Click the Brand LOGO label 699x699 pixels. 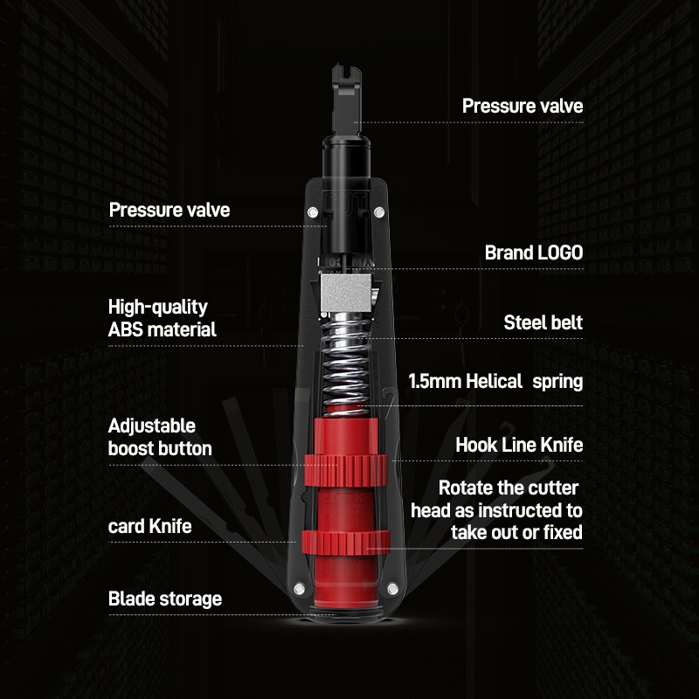pyautogui.click(x=534, y=253)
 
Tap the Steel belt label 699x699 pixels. pyautogui.click(x=543, y=322)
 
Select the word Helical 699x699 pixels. pyautogui.click(x=494, y=382)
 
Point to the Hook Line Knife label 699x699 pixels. pyautogui.click(x=519, y=445)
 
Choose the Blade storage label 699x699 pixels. pyautogui.click(x=165, y=599)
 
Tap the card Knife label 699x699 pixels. pyautogui.click(x=149, y=527)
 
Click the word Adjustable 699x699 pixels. pyautogui.click(x=151, y=426)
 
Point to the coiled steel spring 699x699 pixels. pyautogui.click(x=346, y=364)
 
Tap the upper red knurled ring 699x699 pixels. pyautogui.click(x=346, y=470)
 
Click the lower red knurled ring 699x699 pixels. pyautogui.click(x=346, y=543)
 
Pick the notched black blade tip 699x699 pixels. pyautogui.click(x=346, y=100)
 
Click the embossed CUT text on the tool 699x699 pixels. pyautogui.click(x=346, y=205)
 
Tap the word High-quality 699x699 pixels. pyautogui.click(x=158, y=308)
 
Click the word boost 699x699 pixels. pyautogui.click(x=135, y=448)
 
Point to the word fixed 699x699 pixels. pyautogui.click(x=563, y=532)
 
